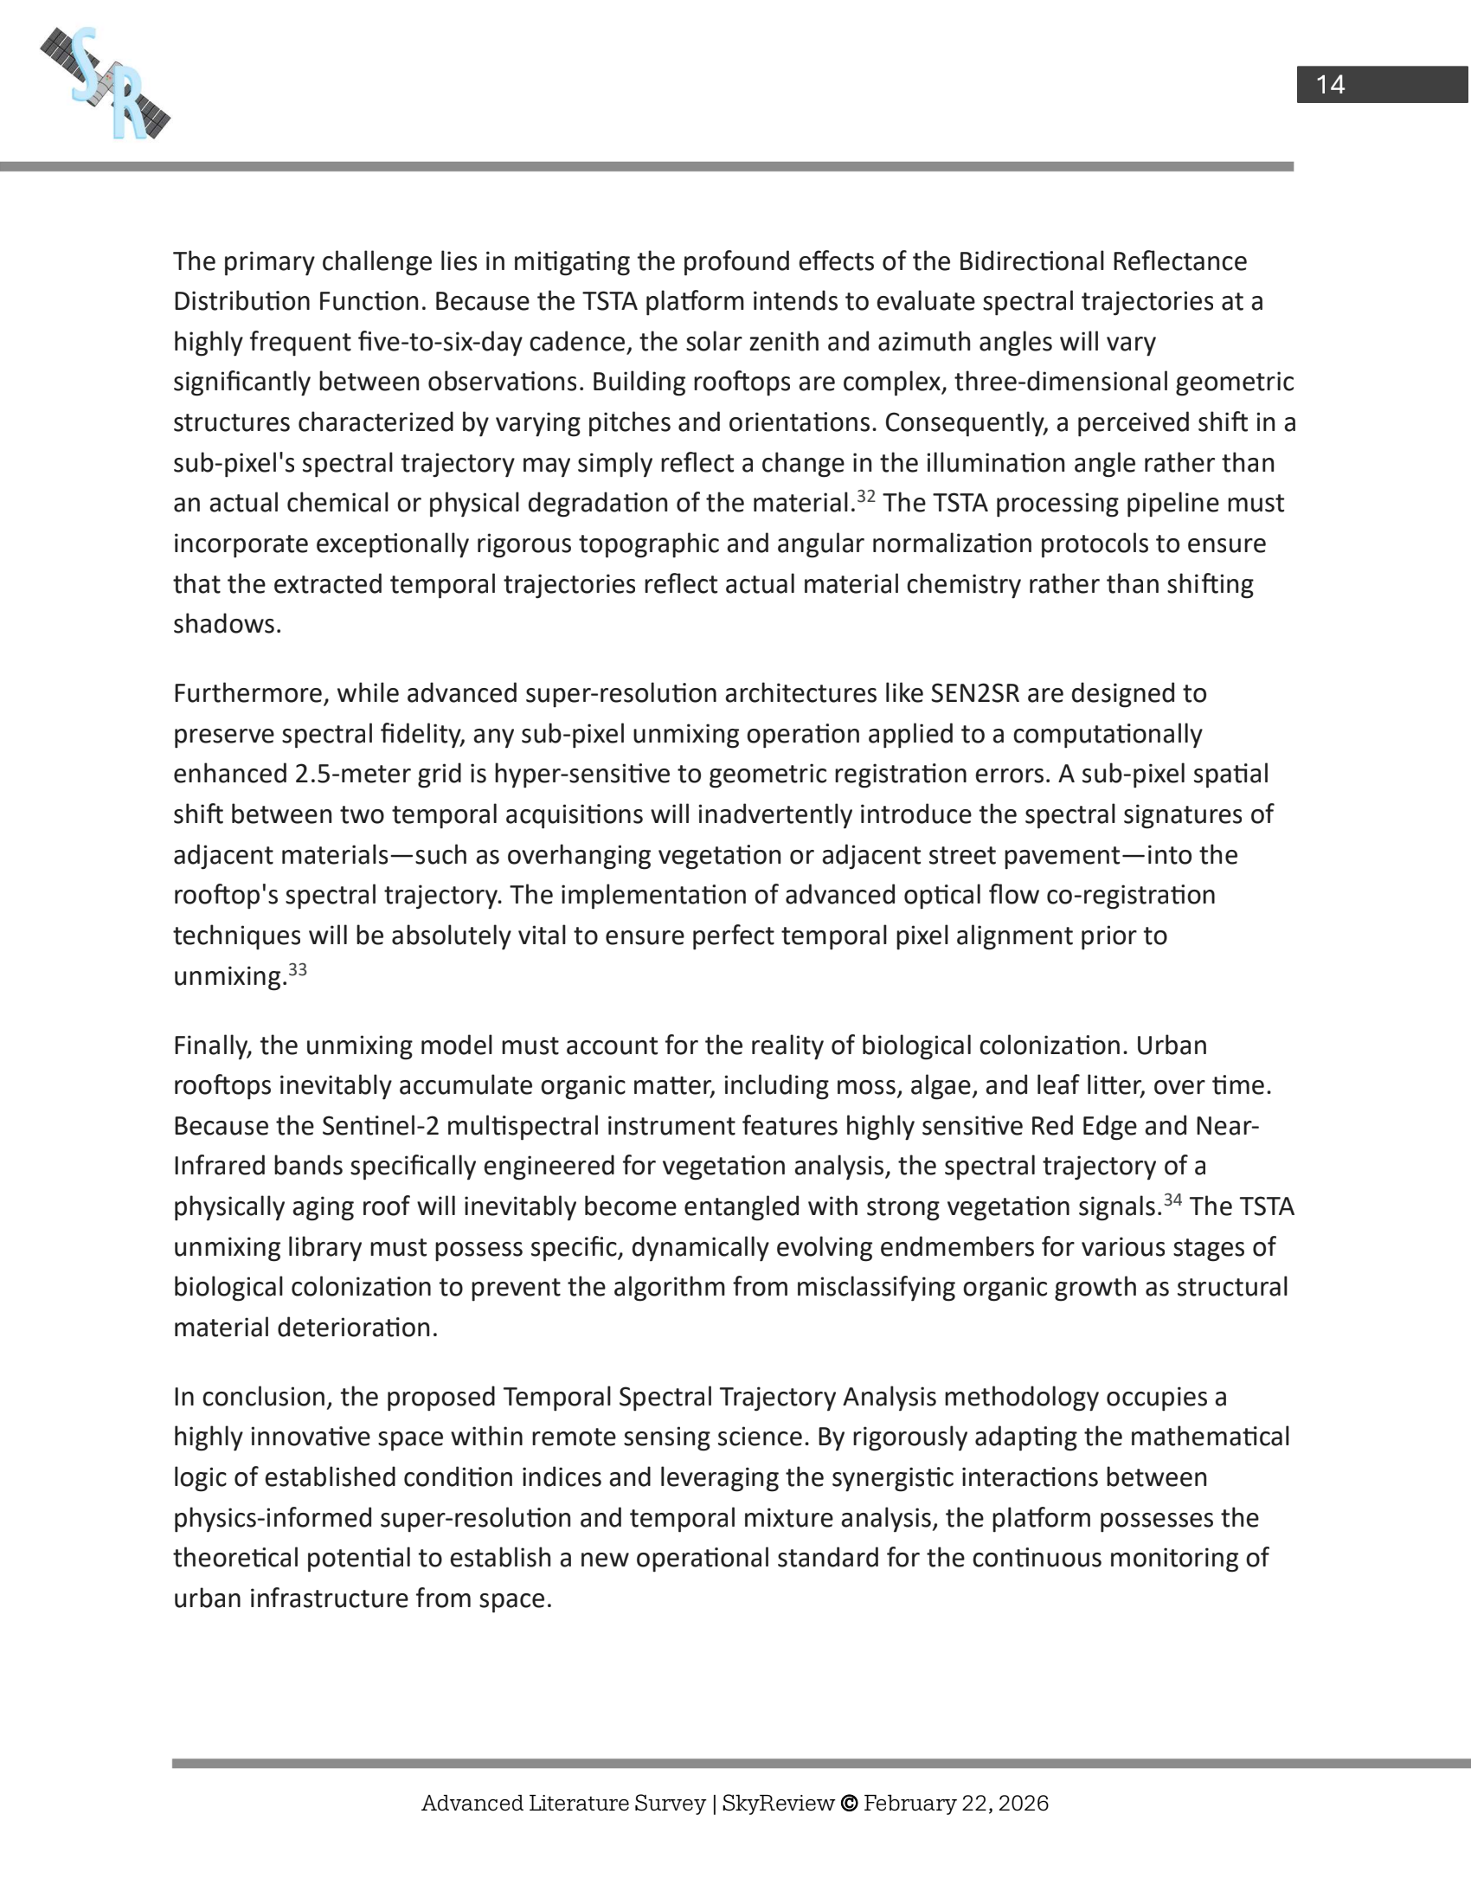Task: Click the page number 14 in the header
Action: tap(1330, 85)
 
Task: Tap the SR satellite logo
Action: tap(106, 84)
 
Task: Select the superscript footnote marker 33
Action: tap(297, 969)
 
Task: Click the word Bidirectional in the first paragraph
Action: tap(1031, 261)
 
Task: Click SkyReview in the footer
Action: tap(777, 1803)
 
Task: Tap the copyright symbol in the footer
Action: tap(849, 1803)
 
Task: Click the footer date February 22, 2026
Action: tap(956, 1803)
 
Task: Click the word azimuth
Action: tap(925, 342)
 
